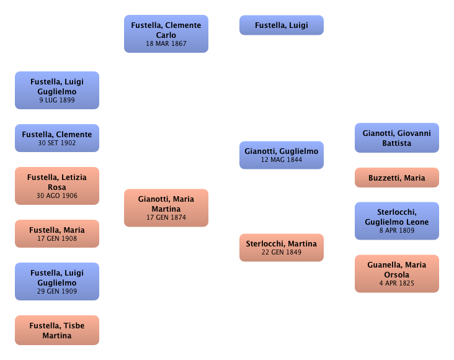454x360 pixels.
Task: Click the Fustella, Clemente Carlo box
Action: (166, 34)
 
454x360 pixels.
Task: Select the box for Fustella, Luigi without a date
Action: (281, 25)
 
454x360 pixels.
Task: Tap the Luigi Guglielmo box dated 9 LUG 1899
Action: (56, 90)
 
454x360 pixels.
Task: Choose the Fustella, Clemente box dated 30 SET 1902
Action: (56, 138)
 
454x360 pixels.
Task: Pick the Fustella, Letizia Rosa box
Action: (56, 186)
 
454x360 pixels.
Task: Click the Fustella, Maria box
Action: (56, 234)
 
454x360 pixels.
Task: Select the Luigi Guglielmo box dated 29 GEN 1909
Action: (56, 281)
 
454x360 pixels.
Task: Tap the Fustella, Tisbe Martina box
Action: (56, 330)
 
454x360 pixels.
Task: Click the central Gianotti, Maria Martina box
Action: (166, 207)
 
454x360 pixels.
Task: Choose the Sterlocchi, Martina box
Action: (281, 247)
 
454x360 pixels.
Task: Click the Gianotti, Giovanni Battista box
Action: (396, 138)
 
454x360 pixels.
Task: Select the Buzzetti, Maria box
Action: (396, 178)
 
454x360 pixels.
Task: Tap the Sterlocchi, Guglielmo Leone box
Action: (396, 221)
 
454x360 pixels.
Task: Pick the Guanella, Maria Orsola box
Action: (396, 274)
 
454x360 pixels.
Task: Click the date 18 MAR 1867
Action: (166, 44)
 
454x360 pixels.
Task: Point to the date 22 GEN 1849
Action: (281, 253)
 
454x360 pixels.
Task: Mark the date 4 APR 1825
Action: (396, 284)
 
